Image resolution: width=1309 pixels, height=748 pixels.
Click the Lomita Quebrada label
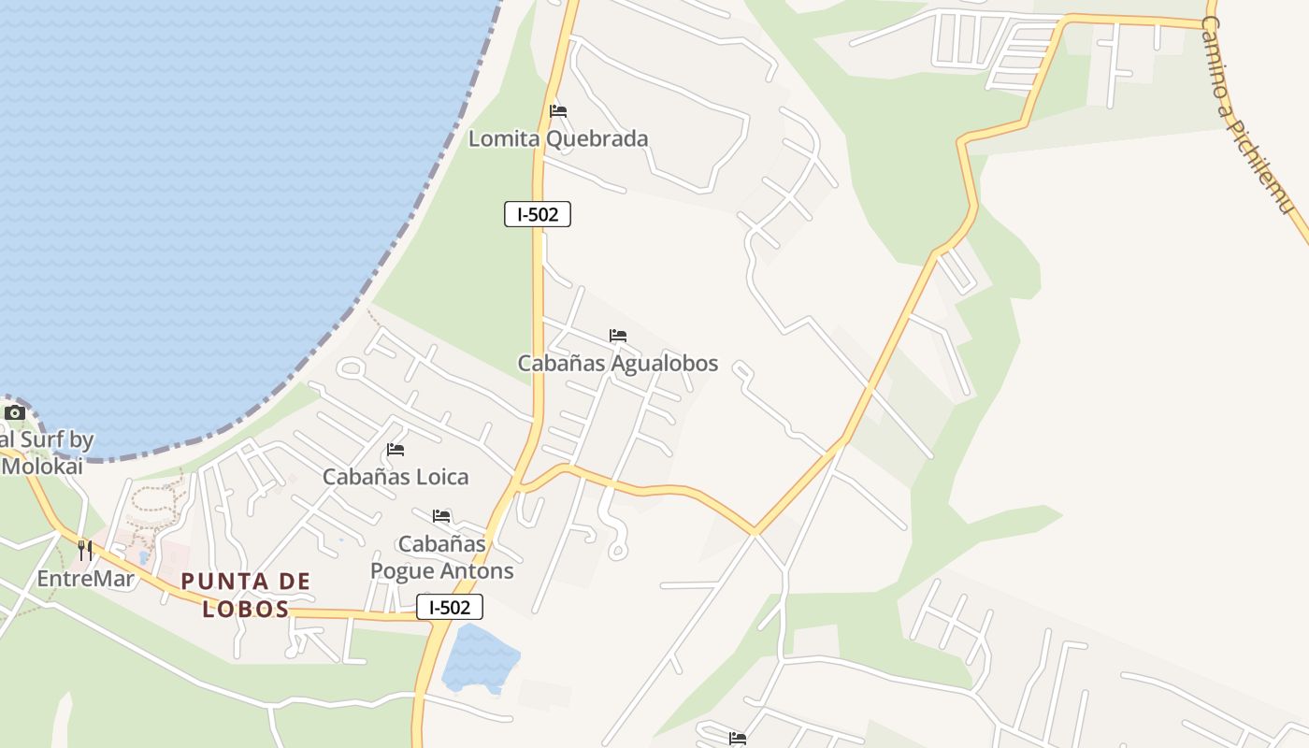(557, 139)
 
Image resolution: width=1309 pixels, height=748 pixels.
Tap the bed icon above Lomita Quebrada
(558, 111)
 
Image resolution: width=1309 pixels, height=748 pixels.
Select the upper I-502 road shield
(538, 214)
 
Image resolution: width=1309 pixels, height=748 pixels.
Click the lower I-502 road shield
(450, 608)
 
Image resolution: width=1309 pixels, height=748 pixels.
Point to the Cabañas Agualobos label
(618, 363)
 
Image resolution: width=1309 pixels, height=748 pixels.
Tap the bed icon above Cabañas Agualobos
(618, 336)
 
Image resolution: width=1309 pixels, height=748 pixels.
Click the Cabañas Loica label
(396, 477)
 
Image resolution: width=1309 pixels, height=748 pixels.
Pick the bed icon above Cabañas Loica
(396, 450)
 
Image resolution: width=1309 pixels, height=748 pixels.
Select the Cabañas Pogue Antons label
(442, 557)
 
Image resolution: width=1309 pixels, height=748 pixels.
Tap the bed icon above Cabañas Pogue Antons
(441, 516)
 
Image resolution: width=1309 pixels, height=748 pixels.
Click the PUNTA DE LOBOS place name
(246, 596)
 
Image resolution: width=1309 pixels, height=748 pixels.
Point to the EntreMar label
(85, 579)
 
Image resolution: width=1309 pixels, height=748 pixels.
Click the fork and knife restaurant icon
(85, 551)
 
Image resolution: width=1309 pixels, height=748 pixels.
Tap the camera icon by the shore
(14, 412)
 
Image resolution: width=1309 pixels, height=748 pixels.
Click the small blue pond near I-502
(480, 658)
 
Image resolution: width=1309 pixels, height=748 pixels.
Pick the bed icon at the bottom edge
(738, 739)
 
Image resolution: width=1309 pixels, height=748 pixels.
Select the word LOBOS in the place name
(246, 610)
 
